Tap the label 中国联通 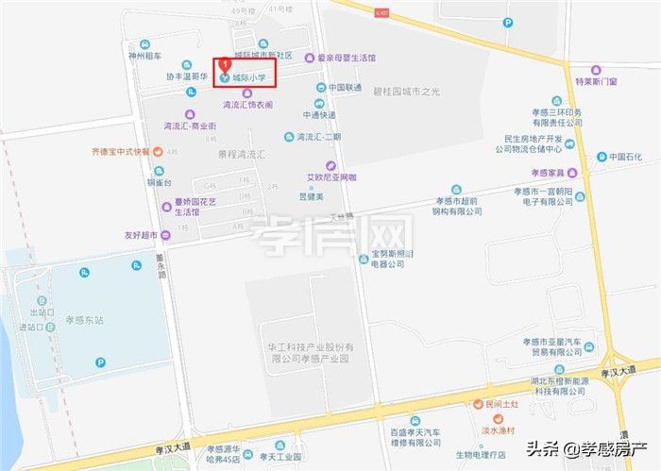[x=345, y=88]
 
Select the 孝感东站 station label [x=85, y=320]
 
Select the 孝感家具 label [x=547, y=173]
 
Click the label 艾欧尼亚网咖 [x=331, y=177]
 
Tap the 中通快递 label [x=319, y=115]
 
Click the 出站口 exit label [x=39, y=312]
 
